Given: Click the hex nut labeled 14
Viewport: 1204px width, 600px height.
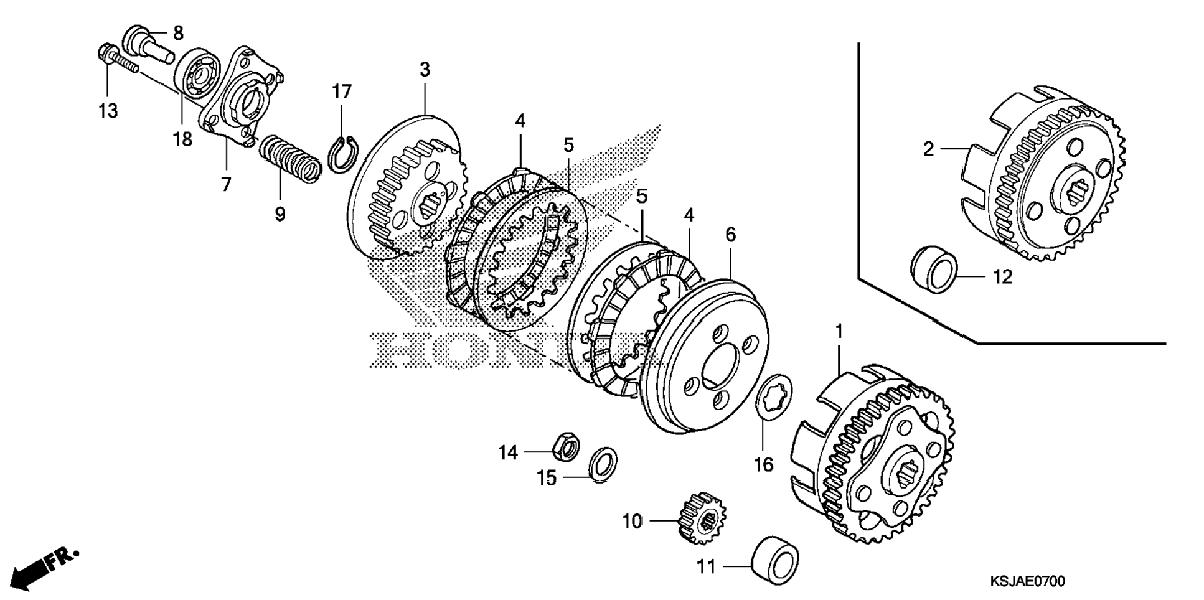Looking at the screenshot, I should (565, 446).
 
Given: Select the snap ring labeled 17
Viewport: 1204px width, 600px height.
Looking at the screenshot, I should (341, 154).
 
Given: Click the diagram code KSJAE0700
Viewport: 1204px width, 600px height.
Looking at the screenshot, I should (1027, 582).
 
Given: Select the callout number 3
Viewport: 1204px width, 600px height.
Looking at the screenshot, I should (425, 70).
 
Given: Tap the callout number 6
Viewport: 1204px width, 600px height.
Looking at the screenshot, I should (730, 235).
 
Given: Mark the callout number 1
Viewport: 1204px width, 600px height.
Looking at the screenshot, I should (839, 331).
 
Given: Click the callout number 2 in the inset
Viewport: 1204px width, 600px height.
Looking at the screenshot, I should (928, 149).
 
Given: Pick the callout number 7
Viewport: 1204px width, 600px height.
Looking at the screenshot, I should (226, 184).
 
